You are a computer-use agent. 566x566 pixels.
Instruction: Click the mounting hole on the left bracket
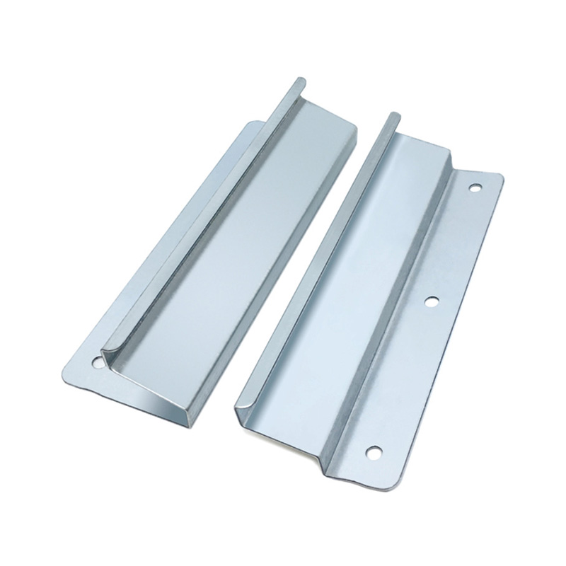pyautogui.click(x=97, y=361)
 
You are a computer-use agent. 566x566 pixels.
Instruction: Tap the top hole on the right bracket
pyautogui.click(x=475, y=189)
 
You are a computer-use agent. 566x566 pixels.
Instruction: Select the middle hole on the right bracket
pyautogui.click(x=429, y=301)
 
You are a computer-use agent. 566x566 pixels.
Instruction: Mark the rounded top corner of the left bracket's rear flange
pyautogui.click(x=251, y=125)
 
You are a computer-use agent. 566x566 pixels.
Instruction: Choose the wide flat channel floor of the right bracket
pyautogui.click(x=354, y=283)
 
